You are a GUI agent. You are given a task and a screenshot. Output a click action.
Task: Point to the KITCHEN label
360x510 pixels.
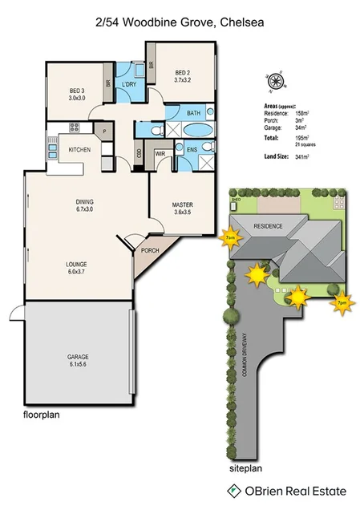(x=79, y=150)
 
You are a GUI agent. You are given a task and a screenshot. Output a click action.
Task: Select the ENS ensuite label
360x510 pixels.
(x=192, y=149)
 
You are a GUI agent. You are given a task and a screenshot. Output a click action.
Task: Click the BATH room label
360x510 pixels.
(x=193, y=114)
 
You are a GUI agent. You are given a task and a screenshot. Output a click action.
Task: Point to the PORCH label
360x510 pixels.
(x=149, y=250)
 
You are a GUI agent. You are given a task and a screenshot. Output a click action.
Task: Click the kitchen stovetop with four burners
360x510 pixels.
(x=74, y=127)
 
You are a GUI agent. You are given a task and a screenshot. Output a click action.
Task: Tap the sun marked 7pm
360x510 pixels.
(x=341, y=303)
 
